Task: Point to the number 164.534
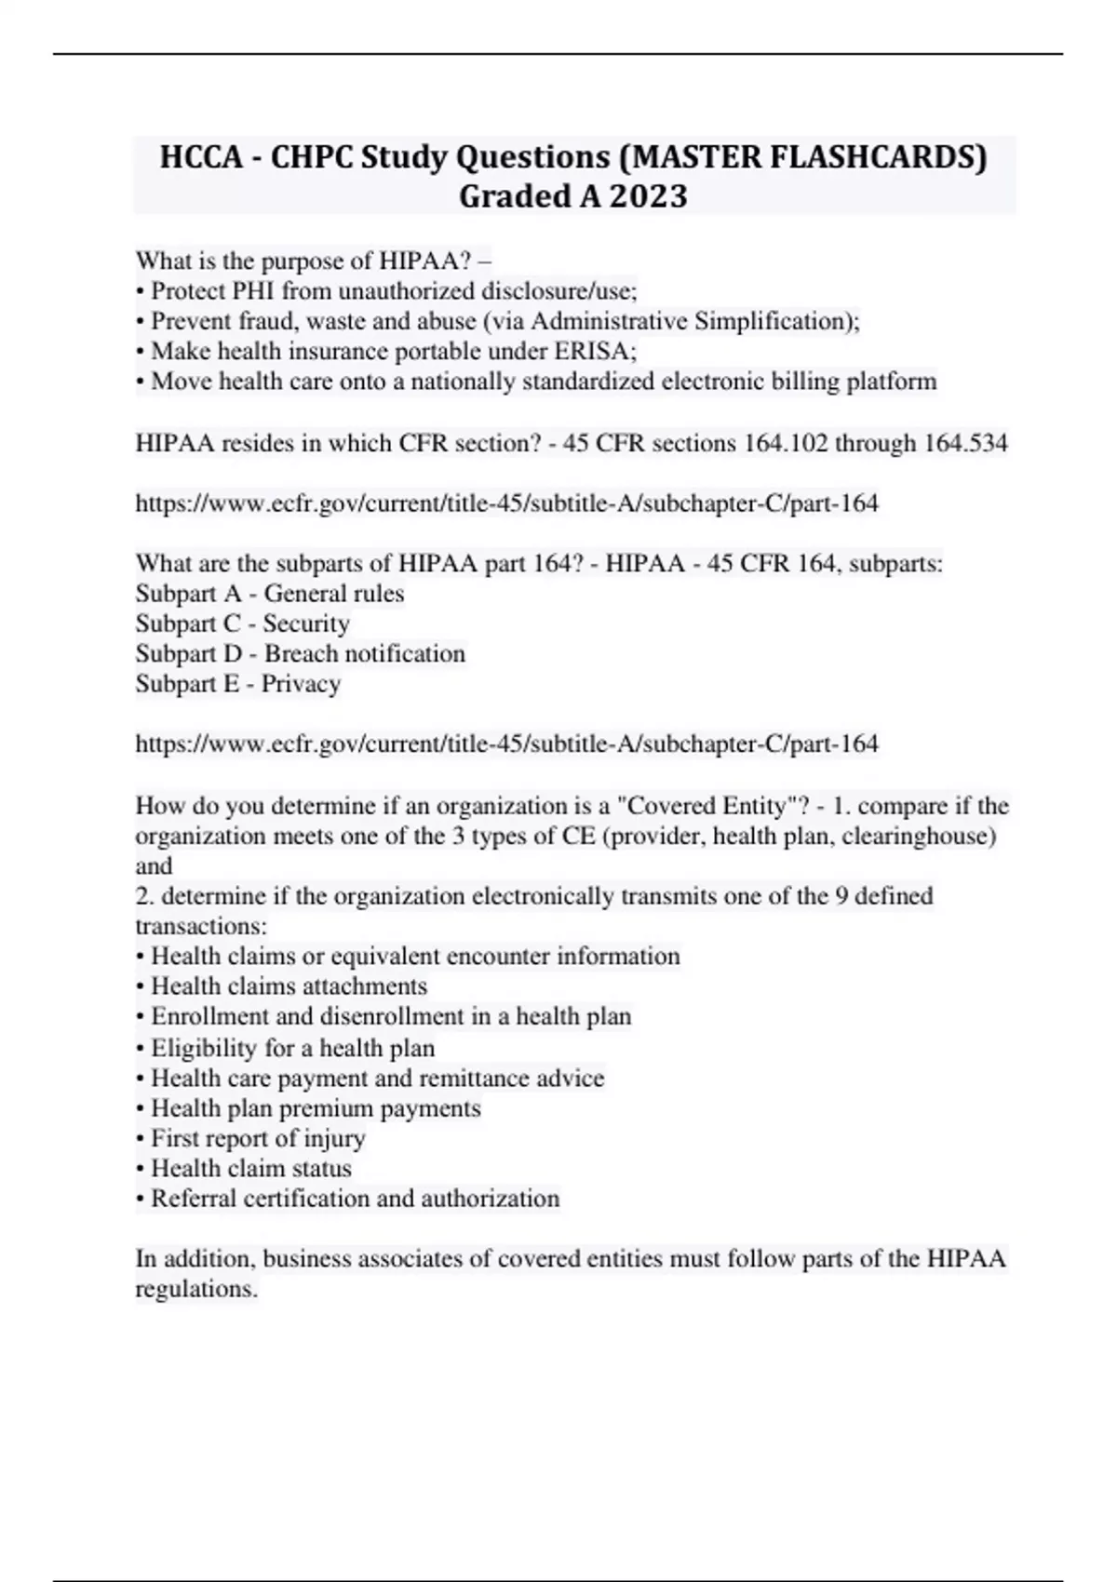point(965,443)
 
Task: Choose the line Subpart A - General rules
point(270,594)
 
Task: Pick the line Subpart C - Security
point(242,623)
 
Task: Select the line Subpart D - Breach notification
point(300,653)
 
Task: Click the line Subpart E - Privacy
point(238,684)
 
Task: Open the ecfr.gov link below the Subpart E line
point(506,744)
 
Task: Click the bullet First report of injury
point(258,1138)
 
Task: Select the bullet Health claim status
point(251,1168)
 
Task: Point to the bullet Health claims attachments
point(289,985)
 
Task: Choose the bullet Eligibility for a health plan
point(292,1048)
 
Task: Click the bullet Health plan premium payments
point(316,1108)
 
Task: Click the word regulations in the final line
point(195,1289)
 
